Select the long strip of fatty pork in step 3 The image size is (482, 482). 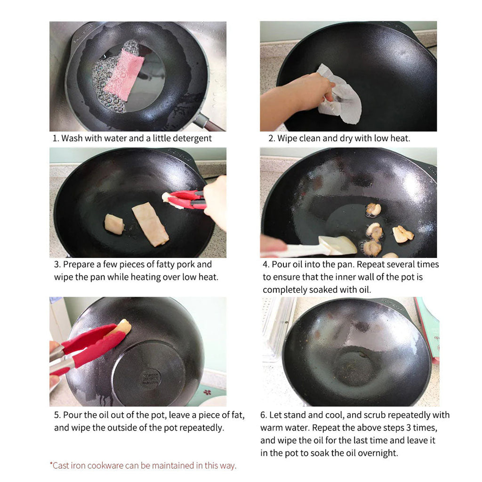[150, 224]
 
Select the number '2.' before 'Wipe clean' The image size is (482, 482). [272, 138]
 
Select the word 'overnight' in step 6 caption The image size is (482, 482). [378, 453]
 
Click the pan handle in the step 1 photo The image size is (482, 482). [209, 123]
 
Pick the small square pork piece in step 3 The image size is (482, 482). [114, 224]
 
